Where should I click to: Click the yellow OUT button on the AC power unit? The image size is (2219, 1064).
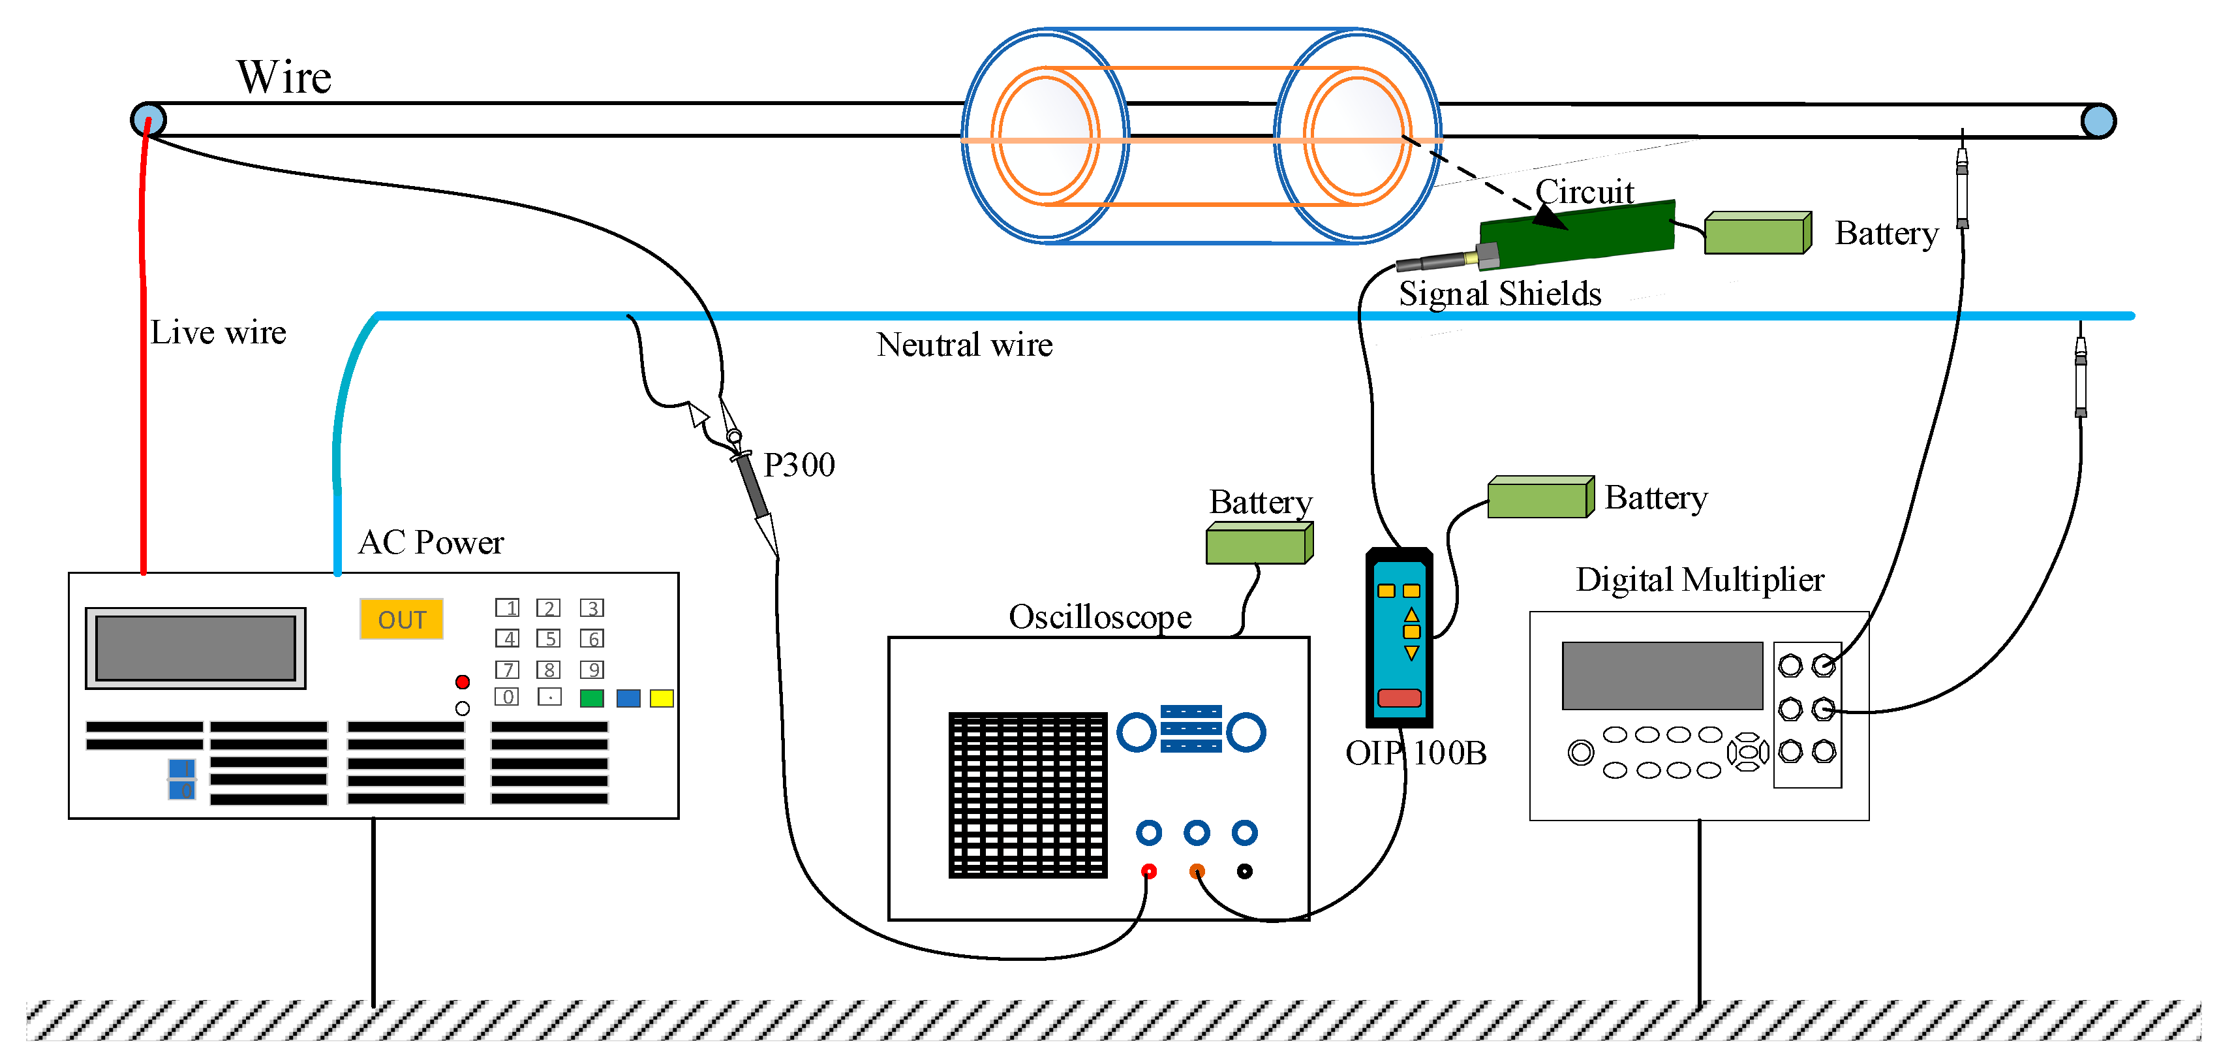tap(401, 619)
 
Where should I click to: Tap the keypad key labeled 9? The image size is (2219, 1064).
tap(592, 670)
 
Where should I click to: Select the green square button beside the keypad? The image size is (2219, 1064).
tap(592, 698)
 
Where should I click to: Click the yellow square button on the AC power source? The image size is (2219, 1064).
tap(662, 698)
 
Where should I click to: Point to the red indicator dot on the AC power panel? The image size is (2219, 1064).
tap(463, 681)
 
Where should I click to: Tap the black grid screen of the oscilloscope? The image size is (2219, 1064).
tap(1028, 794)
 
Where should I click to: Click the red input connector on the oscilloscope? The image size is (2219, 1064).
tap(1148, 871)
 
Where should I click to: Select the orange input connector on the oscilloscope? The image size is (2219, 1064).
tap(1197, 871)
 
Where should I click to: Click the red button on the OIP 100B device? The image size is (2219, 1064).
tap(1399, 697)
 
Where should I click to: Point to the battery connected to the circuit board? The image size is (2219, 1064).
tap(1757, 234)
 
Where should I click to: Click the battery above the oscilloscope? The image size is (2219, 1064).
tap(1259, 544)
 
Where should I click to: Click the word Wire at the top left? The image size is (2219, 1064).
tap(284, 78)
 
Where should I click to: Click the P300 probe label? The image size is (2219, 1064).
tap(799, 465)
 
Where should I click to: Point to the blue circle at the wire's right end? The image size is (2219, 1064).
tap(2098, 121)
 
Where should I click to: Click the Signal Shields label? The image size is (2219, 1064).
tap(1500, 294)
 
